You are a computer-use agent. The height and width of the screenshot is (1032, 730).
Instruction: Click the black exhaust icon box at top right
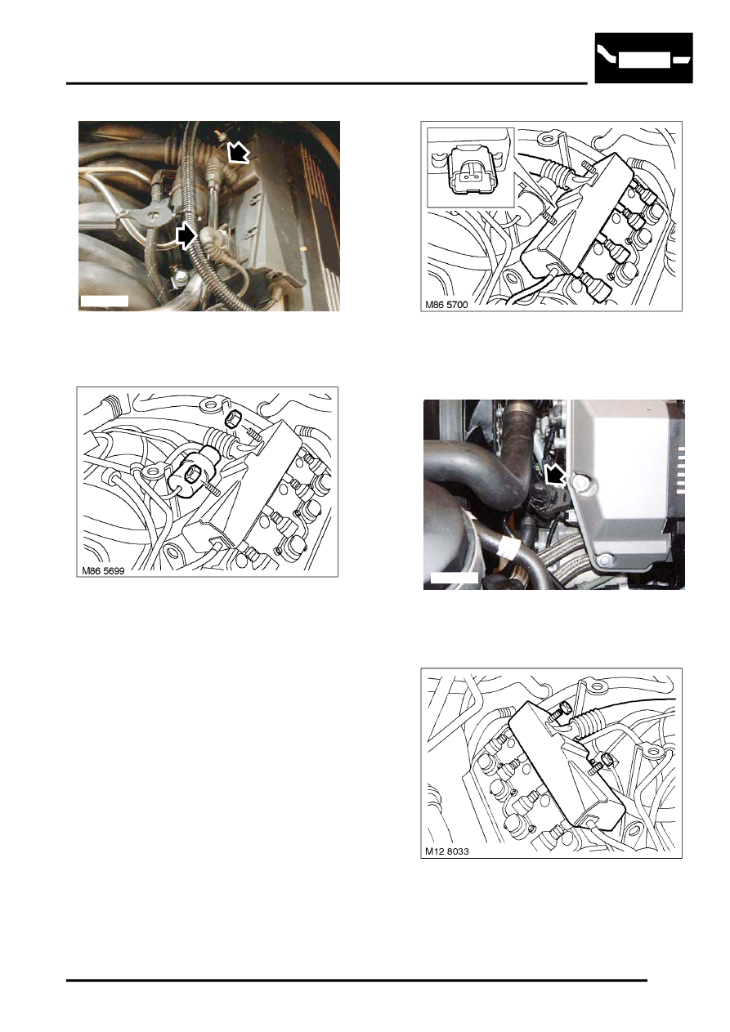[643, 58]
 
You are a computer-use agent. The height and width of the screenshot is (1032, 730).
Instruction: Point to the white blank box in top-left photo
[105, 301]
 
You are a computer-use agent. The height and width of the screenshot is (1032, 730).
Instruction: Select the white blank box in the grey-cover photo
[454, 579]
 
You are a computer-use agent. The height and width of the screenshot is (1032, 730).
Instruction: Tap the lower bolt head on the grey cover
[605, 560]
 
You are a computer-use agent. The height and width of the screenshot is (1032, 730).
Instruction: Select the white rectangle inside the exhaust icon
[643, 61]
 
